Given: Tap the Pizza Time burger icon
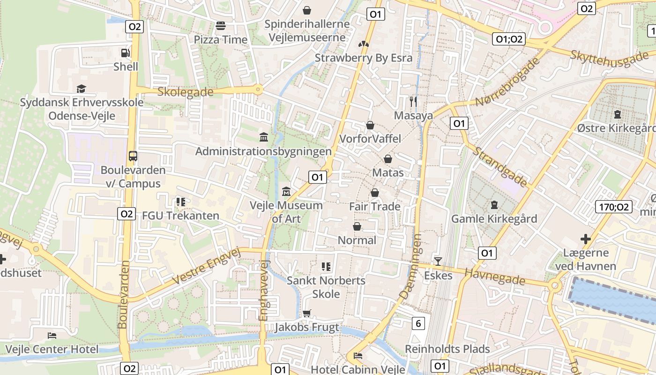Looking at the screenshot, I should coord(221,26).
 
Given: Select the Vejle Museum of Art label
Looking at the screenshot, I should coord(286,212).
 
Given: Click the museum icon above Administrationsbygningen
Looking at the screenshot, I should coord(264,137).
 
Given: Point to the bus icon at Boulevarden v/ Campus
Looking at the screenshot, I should coord(133,156).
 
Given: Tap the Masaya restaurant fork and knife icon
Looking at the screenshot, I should coord(413,102).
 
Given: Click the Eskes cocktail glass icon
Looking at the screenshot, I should coord(438,261).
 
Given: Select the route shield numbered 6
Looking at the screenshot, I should coord(418,323).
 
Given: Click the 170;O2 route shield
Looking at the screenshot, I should coord(614,207).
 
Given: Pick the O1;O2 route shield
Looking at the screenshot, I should coord(509,39).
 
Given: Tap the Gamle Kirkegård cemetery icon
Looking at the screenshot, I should coord(494,205).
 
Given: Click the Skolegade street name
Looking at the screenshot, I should coord(186,92).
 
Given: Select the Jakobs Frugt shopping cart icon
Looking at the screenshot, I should coord(307,313).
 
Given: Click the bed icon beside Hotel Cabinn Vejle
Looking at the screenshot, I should coord(358,356).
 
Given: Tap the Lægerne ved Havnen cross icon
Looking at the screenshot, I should coord(585,240).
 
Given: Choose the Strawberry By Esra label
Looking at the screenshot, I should coord(363,58).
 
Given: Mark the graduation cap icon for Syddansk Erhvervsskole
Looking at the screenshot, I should coord(82,89).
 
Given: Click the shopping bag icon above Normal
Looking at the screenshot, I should coord(357,227).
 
